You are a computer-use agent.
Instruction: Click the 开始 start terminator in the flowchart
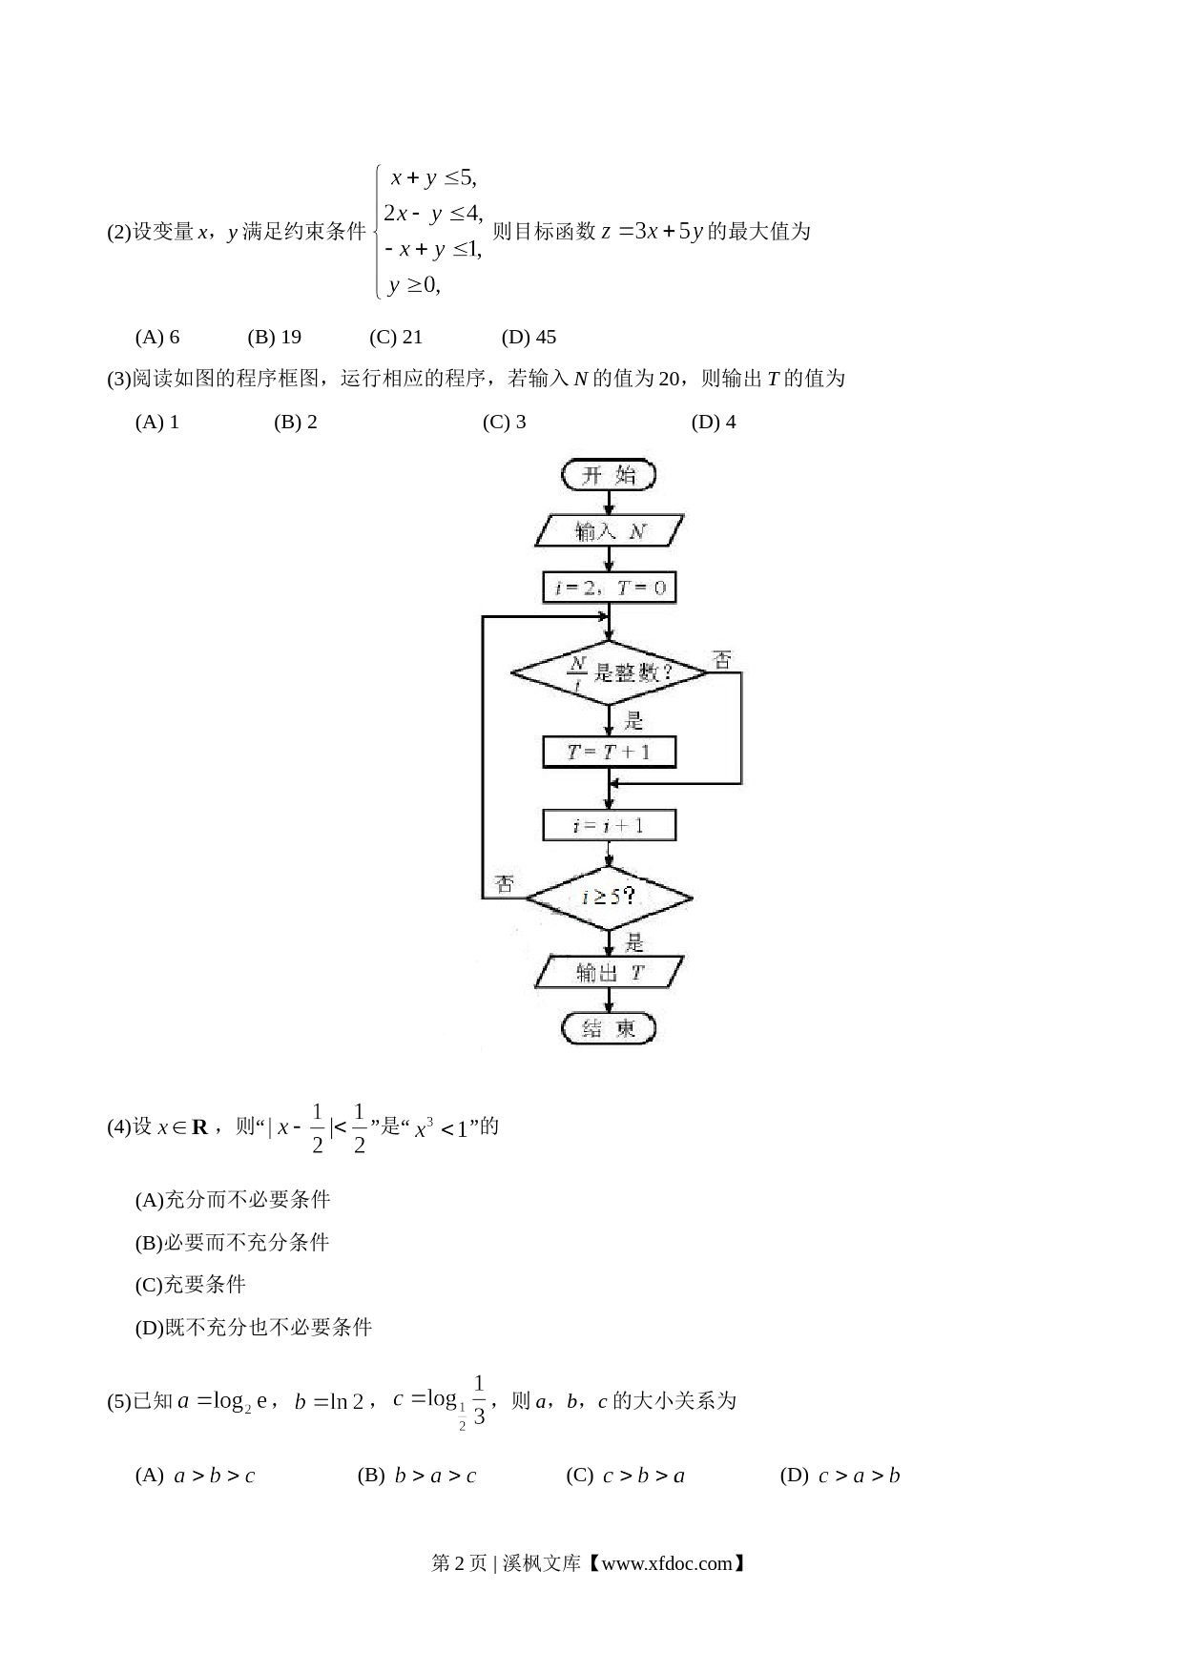[609, 475]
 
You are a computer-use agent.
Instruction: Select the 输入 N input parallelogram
[610, 531]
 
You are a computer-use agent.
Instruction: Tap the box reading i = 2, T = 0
[609, 588]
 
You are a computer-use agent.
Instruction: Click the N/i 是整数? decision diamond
[609, 673]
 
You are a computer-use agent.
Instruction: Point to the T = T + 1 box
[609, 752]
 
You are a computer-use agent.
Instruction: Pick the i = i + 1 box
[609, 825]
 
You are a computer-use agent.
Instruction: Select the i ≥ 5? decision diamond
[609, 898]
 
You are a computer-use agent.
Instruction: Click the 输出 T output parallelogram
[610, 973]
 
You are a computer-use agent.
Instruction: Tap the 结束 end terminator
[609, 1028]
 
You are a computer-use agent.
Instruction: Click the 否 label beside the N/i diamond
[723, 659]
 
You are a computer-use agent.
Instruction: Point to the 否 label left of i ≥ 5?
[504, 884]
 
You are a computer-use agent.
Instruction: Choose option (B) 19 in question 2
[275, 337]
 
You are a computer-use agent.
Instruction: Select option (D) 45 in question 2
[529, 337]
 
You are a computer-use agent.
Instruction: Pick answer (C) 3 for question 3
[504, 422]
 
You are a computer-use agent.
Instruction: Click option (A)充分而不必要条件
[233, 1199]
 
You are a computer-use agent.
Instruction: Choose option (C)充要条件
[191, 1284]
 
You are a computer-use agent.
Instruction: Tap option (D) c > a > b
[840, 1476]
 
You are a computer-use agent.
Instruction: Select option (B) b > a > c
[417, 1476]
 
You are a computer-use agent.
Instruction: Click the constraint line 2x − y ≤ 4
[434, 213]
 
